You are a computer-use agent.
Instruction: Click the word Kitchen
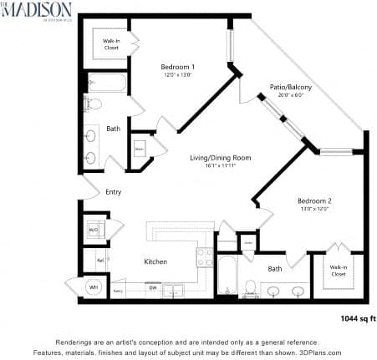155,261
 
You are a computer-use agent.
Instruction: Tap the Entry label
114,193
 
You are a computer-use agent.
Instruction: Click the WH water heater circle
93,286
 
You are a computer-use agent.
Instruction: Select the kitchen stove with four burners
204,256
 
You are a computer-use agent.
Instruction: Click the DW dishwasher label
153,288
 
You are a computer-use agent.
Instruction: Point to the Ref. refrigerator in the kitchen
99,261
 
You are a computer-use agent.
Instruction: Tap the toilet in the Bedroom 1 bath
94,104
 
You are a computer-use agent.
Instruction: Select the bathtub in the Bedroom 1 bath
107,83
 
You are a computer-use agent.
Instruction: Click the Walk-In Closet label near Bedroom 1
112,42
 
